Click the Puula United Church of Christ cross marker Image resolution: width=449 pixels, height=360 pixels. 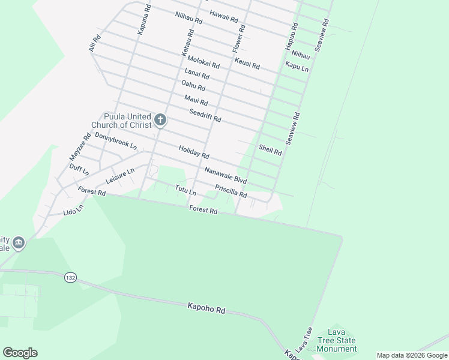click(160, 121)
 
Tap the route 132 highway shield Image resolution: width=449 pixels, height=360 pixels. click(70, 278)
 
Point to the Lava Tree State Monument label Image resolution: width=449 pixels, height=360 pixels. click(336, 340)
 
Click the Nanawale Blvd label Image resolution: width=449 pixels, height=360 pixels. click(226, 175)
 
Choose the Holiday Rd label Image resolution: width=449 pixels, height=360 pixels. click(193, 151)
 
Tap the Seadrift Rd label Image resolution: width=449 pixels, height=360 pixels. click(205, 115)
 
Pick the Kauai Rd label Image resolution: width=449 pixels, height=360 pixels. click(247, 61)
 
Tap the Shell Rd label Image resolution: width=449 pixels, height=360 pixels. click(270, 150)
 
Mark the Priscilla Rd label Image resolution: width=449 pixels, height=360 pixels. click(231, 191)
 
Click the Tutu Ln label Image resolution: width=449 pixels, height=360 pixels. click(185, 190)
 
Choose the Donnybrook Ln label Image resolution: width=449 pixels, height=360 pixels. click(116, 141)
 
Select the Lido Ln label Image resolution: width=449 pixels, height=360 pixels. click(73, 209)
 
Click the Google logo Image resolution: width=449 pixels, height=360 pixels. click(20, 353)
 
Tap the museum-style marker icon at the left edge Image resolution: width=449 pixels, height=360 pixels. click(19, 242)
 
